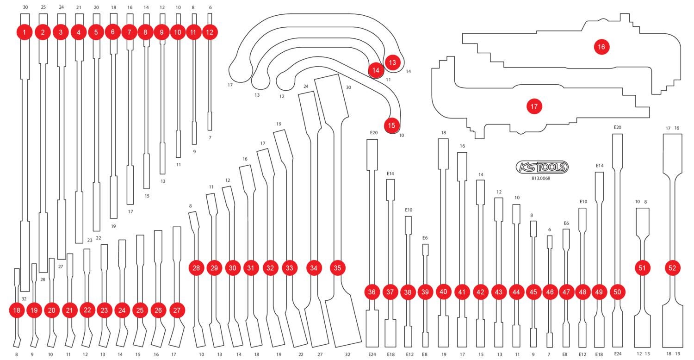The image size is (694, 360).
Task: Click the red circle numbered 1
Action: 24,32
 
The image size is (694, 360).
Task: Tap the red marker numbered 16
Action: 601,47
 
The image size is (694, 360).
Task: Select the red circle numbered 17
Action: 534,106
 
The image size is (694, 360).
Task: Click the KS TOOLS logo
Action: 542,167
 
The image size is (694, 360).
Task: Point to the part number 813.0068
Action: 541,178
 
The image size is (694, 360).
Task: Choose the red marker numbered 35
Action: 337,268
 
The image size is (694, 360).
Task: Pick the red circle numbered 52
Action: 673,268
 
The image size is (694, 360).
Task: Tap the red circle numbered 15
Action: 391,125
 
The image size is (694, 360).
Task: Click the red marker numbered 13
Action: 392,62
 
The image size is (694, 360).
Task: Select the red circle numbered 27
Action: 176,310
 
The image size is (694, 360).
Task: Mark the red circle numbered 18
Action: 17,310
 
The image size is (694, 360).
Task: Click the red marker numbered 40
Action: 444,292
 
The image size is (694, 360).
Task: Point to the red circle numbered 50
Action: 617,292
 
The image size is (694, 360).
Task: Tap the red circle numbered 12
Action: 210,32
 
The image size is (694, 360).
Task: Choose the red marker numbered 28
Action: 196,268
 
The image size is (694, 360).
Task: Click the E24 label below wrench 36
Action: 372,354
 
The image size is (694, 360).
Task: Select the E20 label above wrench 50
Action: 617,127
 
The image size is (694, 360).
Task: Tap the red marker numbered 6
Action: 112,32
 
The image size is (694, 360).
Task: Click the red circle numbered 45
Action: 533,292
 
